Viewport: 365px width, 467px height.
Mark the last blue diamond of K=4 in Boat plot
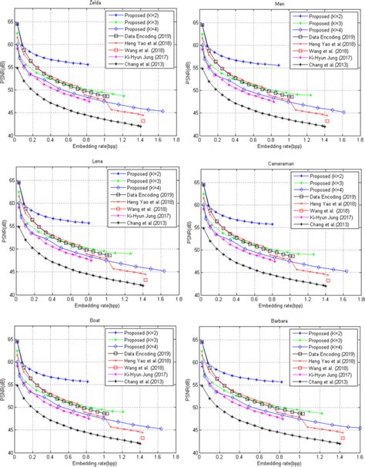point(161,429)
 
